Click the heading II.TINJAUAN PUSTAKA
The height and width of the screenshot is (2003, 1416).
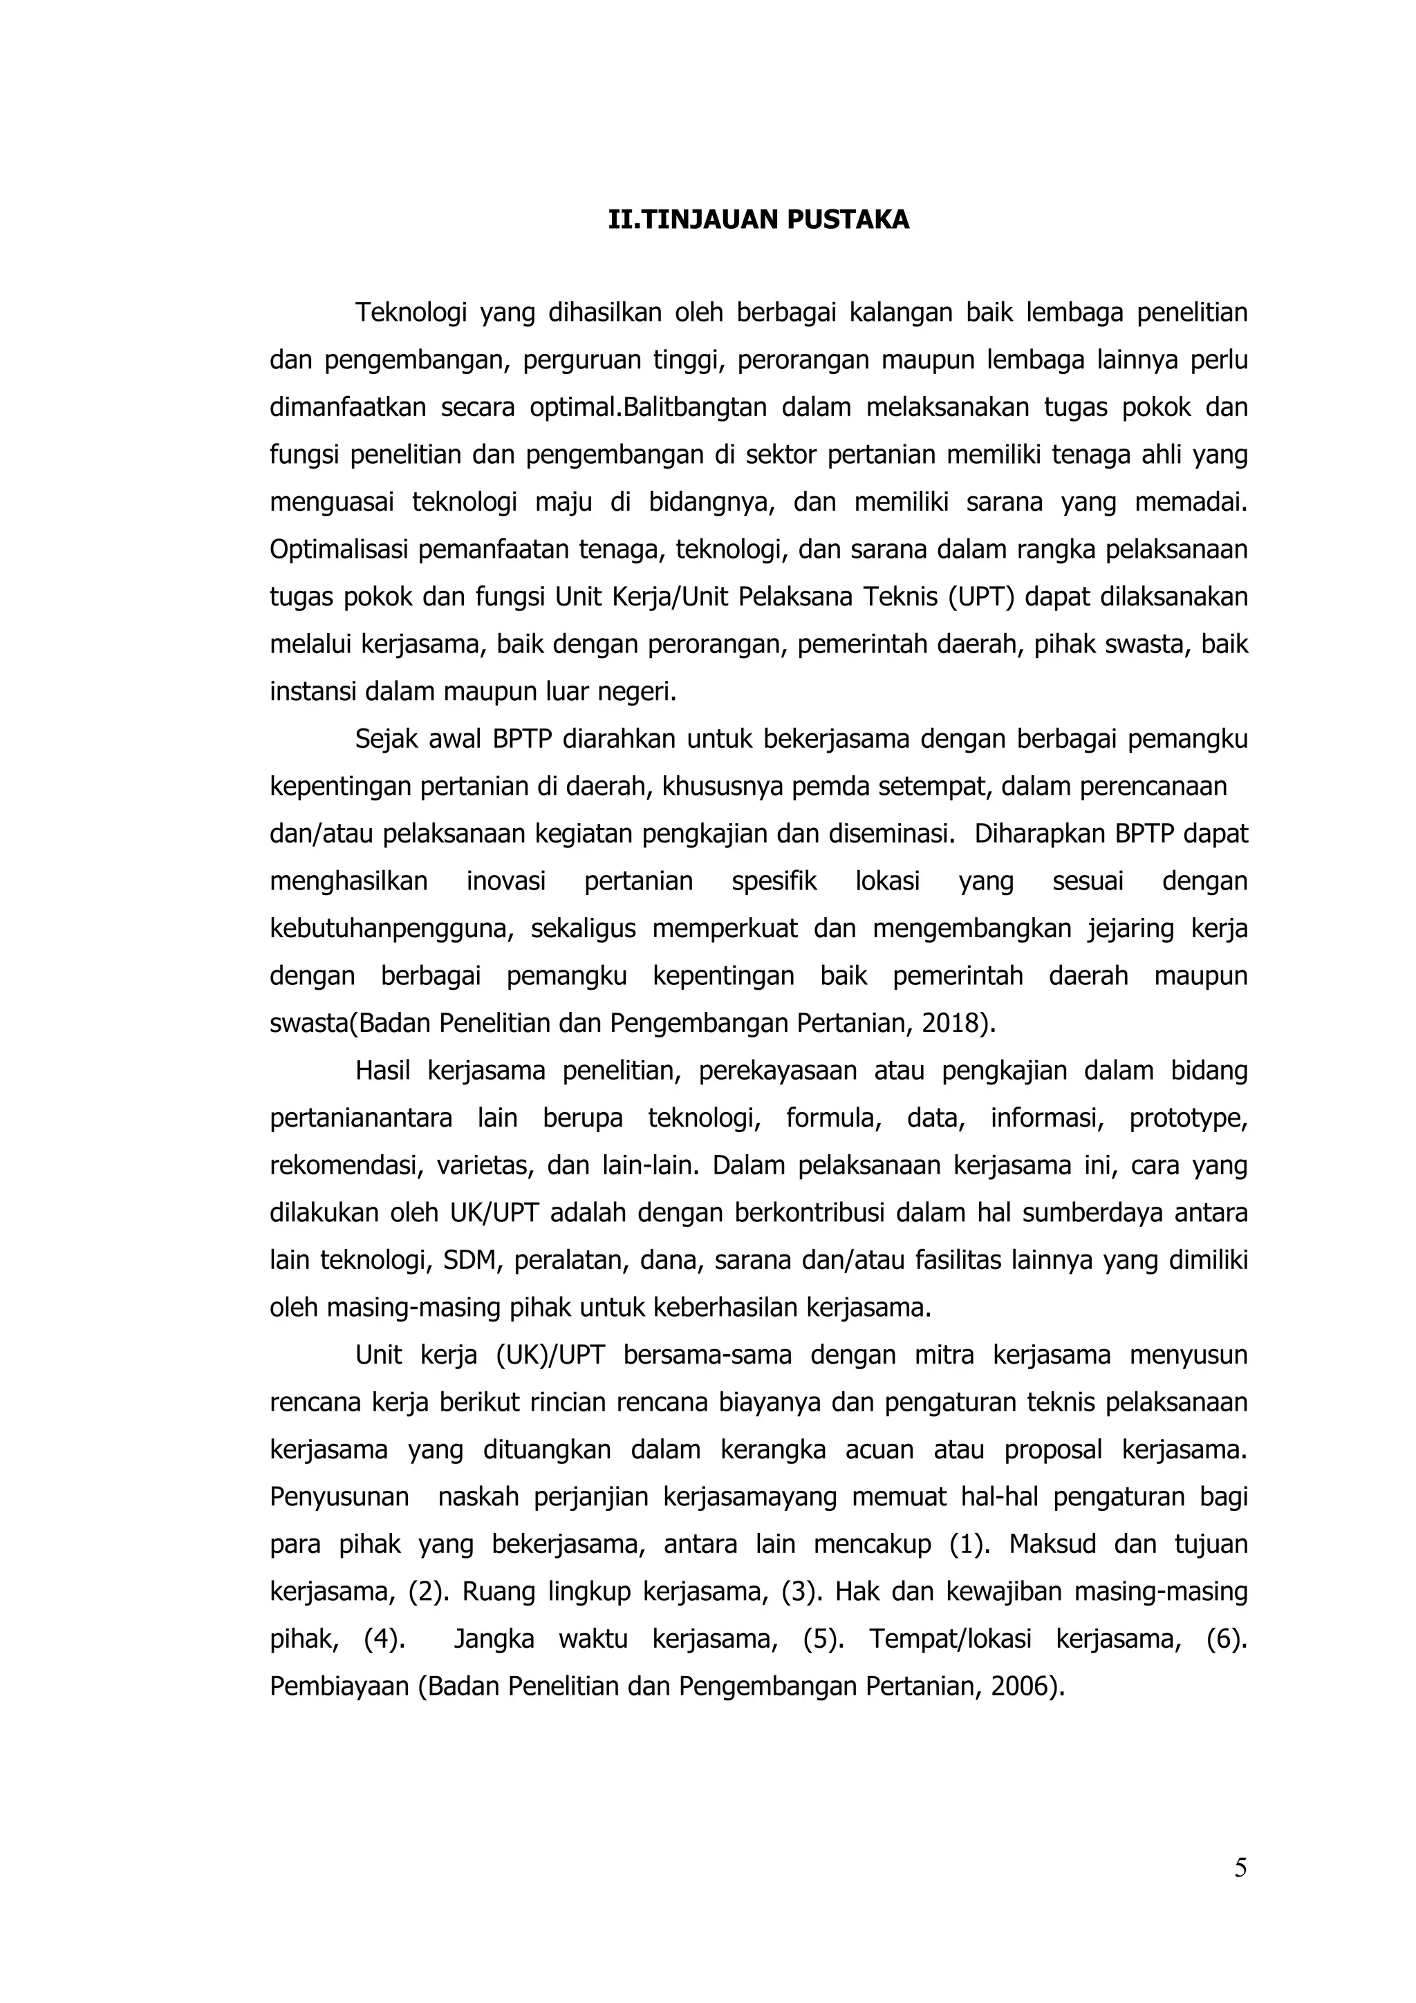pos(758,220)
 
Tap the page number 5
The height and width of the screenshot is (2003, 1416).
pos(1240,1868)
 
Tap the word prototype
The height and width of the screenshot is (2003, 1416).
pos(1187,1118)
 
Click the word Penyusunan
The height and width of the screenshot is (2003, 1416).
pos(339,1497)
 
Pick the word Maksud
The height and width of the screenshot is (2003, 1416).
pos(1052,1544)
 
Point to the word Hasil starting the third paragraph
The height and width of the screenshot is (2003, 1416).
pos(382,1071)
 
